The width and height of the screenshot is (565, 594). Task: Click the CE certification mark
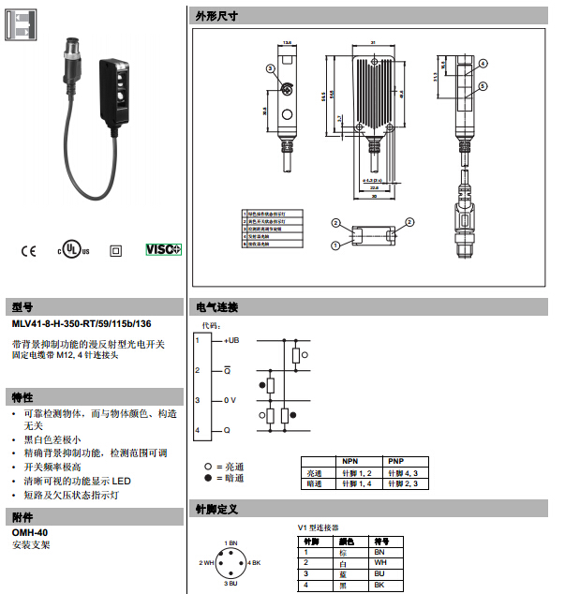click(28, 251)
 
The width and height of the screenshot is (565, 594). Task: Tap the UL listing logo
click(70, 250)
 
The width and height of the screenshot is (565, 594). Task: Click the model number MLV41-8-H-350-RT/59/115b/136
click(82, 323)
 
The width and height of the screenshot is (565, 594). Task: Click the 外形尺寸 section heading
click(216, 17)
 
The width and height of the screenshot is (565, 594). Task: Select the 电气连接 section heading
click(216, 307)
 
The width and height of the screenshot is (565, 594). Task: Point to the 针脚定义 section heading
click(216, 510)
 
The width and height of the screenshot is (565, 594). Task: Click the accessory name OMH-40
click(30, 532)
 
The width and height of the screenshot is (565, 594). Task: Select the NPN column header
click(350, 461)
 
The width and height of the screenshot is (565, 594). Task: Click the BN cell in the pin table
click(380, 552)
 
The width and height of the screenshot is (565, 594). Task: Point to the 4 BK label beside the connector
click(255, 562)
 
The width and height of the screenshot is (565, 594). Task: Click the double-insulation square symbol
click(116, 251)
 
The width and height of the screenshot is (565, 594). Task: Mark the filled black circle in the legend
click(208, 479)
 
